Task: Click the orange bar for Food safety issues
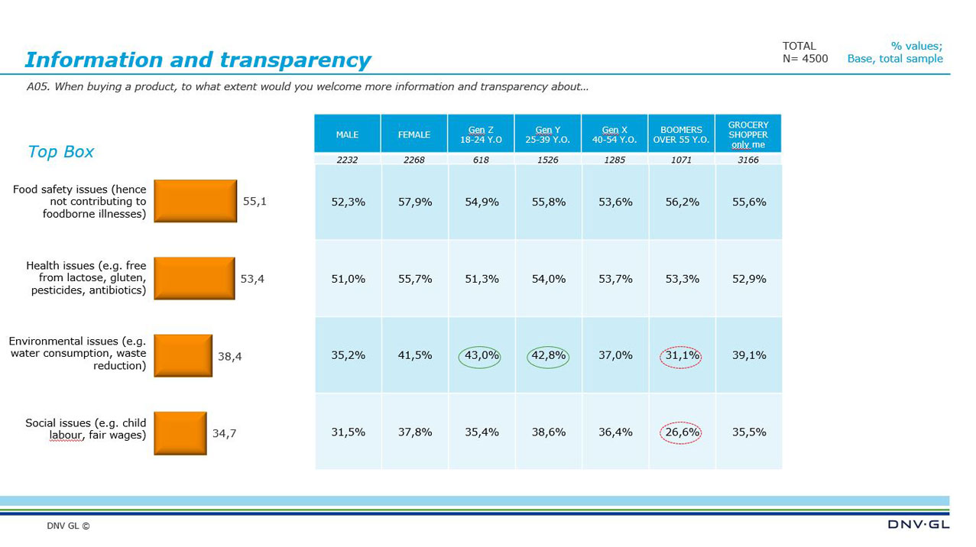(x=195, y=201)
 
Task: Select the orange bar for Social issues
(x=180, y=433)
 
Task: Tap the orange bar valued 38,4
(x=183, y=355)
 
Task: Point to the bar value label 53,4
(x=252, y=279)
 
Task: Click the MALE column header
(x=347, y=134)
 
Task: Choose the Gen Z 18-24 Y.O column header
(x=481, y=134)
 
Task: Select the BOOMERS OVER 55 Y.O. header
(x=681, y=134)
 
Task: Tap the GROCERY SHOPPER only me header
(x=748, y=134)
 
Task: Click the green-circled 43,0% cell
(x=481, y=355)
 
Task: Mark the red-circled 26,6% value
(x=680, y=432)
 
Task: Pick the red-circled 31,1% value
(x=680, y=355)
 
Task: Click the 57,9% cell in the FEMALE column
(x=415, y=202)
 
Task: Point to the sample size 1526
(x=547, y=160)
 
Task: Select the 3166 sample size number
(x=748, y=160)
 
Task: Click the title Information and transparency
(x=197, y=60)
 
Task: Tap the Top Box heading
(x=60, y=151)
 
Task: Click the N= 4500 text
(x=805, y=59)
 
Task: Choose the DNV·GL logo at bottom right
(x=918, y=525)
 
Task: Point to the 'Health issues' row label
(x=86, y=278)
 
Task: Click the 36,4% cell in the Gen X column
(x=614, y=432)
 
